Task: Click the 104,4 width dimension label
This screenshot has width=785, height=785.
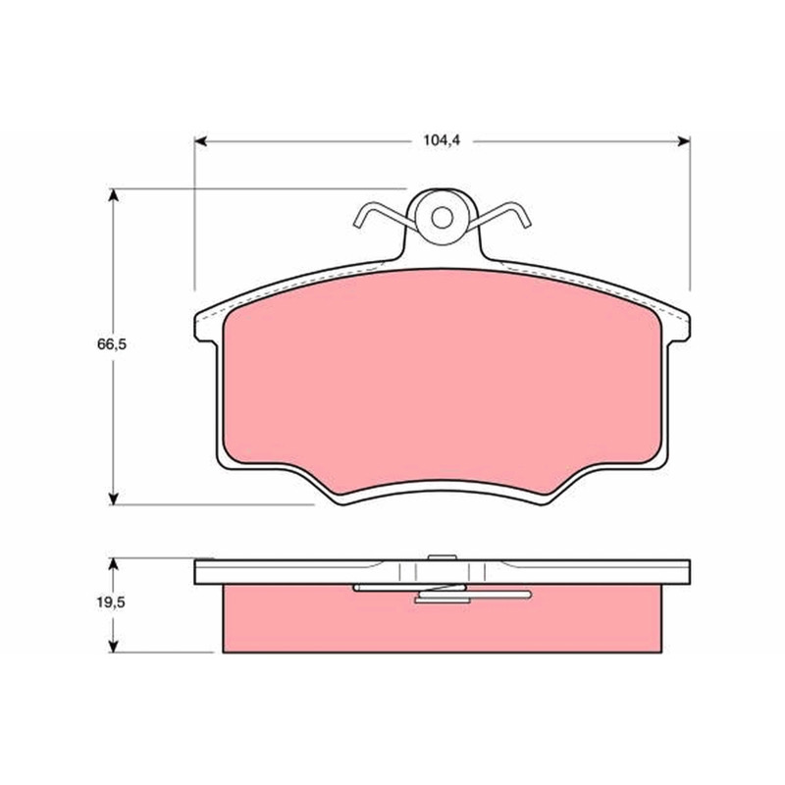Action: [x=441, y=140]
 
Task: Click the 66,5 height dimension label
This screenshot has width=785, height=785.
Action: [x=112, y=344]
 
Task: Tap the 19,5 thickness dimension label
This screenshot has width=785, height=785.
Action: [x=111, y=602]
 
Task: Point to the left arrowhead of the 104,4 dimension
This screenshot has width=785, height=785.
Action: [x=200, y=141]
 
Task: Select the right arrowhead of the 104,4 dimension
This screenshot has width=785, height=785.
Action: [x=684, y=141]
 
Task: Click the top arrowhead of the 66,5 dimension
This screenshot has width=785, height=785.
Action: [x=114, y=195]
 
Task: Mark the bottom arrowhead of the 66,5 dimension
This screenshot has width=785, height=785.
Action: [x=114, y=498]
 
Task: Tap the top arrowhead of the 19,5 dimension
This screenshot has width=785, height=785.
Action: [x=114, y=565]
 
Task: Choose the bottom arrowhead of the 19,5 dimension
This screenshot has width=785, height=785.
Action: [x=114, y=646]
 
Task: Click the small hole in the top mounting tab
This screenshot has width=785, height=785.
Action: [x=443, y=217]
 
